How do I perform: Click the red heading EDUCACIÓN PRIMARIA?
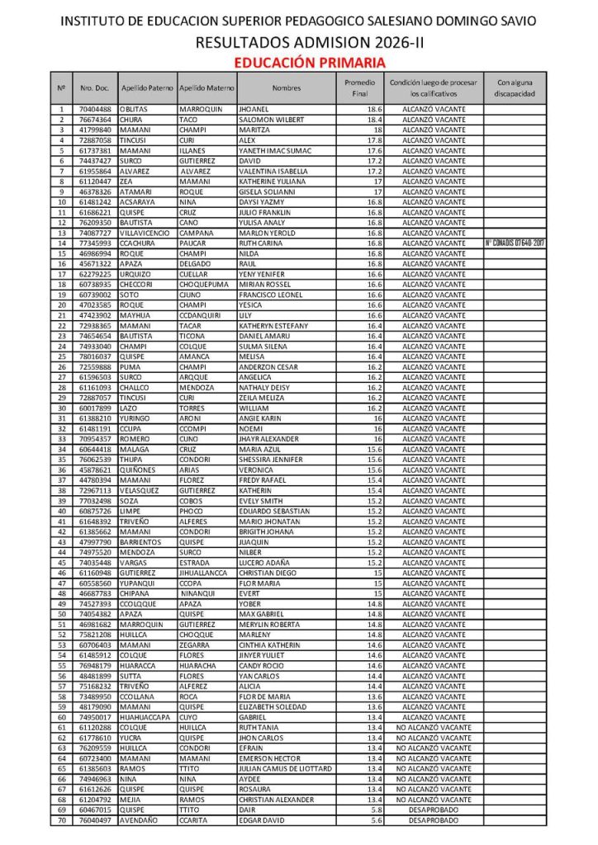(310, 62)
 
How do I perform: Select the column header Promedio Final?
(359, 88)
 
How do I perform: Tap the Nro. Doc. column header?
(95, 88)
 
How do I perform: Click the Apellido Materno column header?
(206, 88)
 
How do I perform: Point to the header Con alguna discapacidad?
(515, 88)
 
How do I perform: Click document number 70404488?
(95, 110)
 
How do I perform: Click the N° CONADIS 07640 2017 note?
(515, 243)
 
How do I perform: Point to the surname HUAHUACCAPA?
(147, 717)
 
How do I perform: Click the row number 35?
(62, 460)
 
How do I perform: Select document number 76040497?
(95, 821)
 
